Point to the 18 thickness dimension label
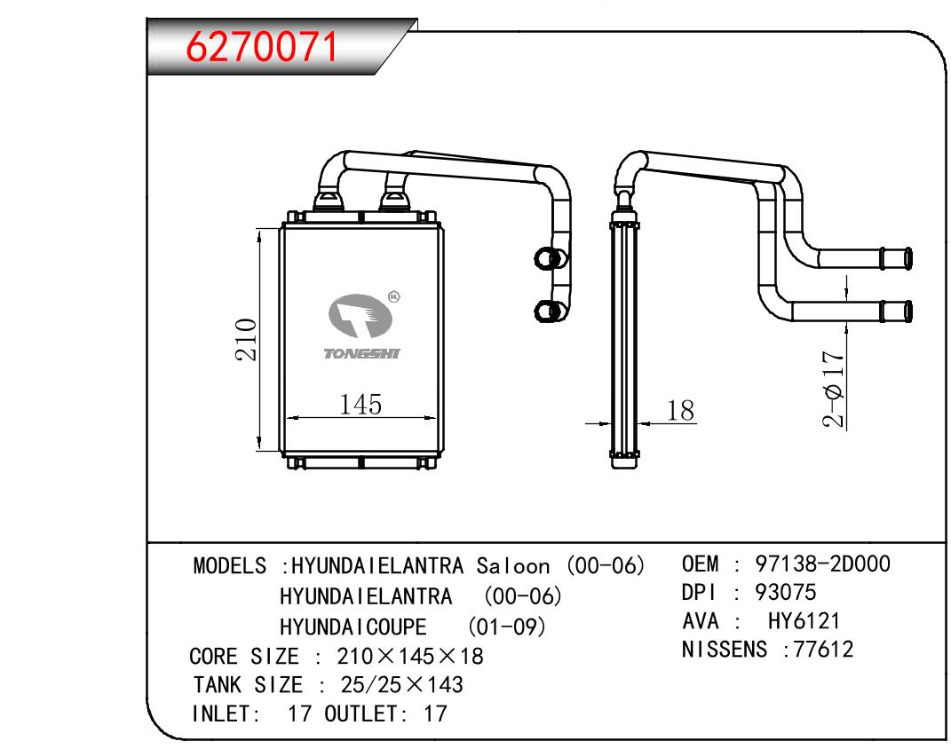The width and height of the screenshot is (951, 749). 679,410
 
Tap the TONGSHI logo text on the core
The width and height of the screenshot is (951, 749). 362,353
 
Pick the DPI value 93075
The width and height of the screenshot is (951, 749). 786,592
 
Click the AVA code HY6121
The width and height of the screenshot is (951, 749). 804,621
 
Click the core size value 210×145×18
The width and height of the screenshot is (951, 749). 410,657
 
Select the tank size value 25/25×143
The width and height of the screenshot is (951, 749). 400,685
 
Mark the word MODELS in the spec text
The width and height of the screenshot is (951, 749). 230,566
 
